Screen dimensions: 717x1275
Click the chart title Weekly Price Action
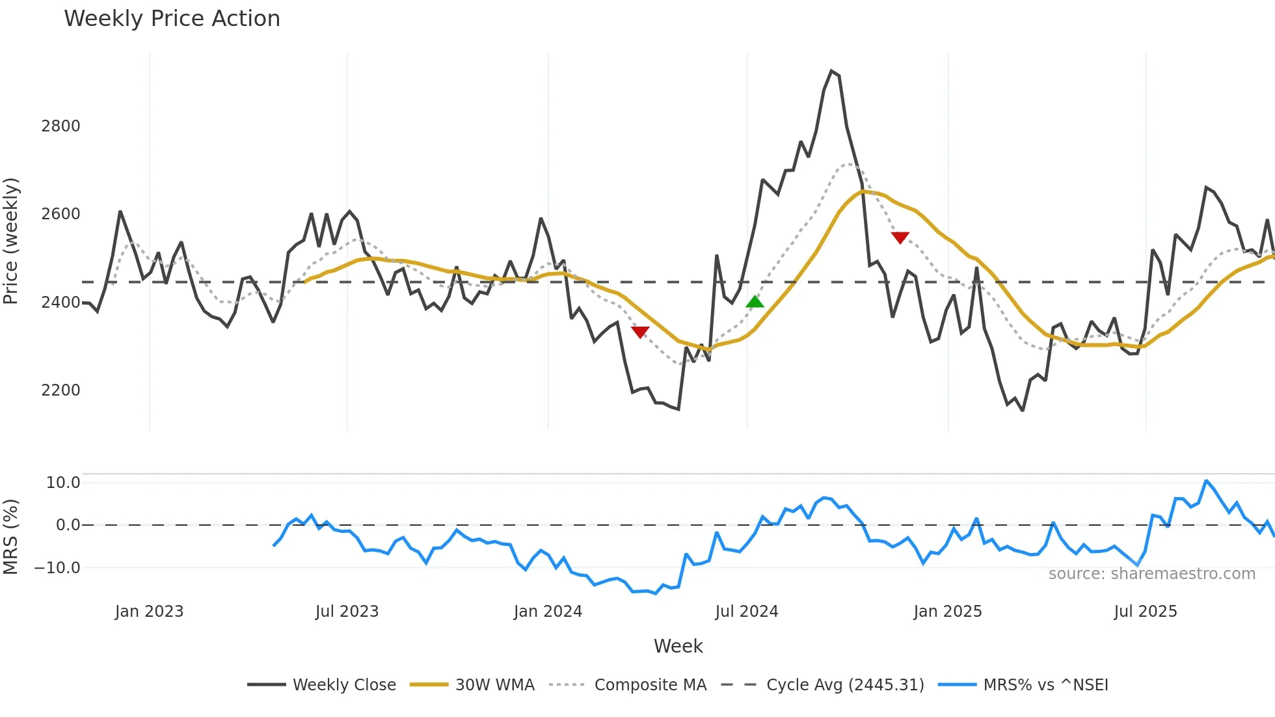(x=172, y=19)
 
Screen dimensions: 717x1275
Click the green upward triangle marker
(x=755, y=302)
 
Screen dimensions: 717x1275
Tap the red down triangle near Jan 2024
(x=640, y=332)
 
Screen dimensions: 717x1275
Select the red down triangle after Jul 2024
(x=900, y=237)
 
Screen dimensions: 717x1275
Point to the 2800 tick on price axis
(x=60, y=126)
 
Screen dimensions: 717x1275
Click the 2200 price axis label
(x=60, y=390)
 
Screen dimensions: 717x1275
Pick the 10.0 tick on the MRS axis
(x=63, y=483)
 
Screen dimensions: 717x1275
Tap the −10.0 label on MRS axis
(x=57, y=568)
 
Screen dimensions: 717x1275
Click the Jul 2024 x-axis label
(x=746, y=612)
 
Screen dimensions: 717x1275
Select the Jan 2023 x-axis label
(x=149, y=612)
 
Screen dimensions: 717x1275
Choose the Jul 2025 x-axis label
(x=1145, y=612)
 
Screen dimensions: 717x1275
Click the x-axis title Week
(x=678, y=646)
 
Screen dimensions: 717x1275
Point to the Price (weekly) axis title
(x=11, y=241)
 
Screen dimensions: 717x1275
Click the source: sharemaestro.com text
(x=1151, y=574)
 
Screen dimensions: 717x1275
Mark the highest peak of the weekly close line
(x=831, y=71)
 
